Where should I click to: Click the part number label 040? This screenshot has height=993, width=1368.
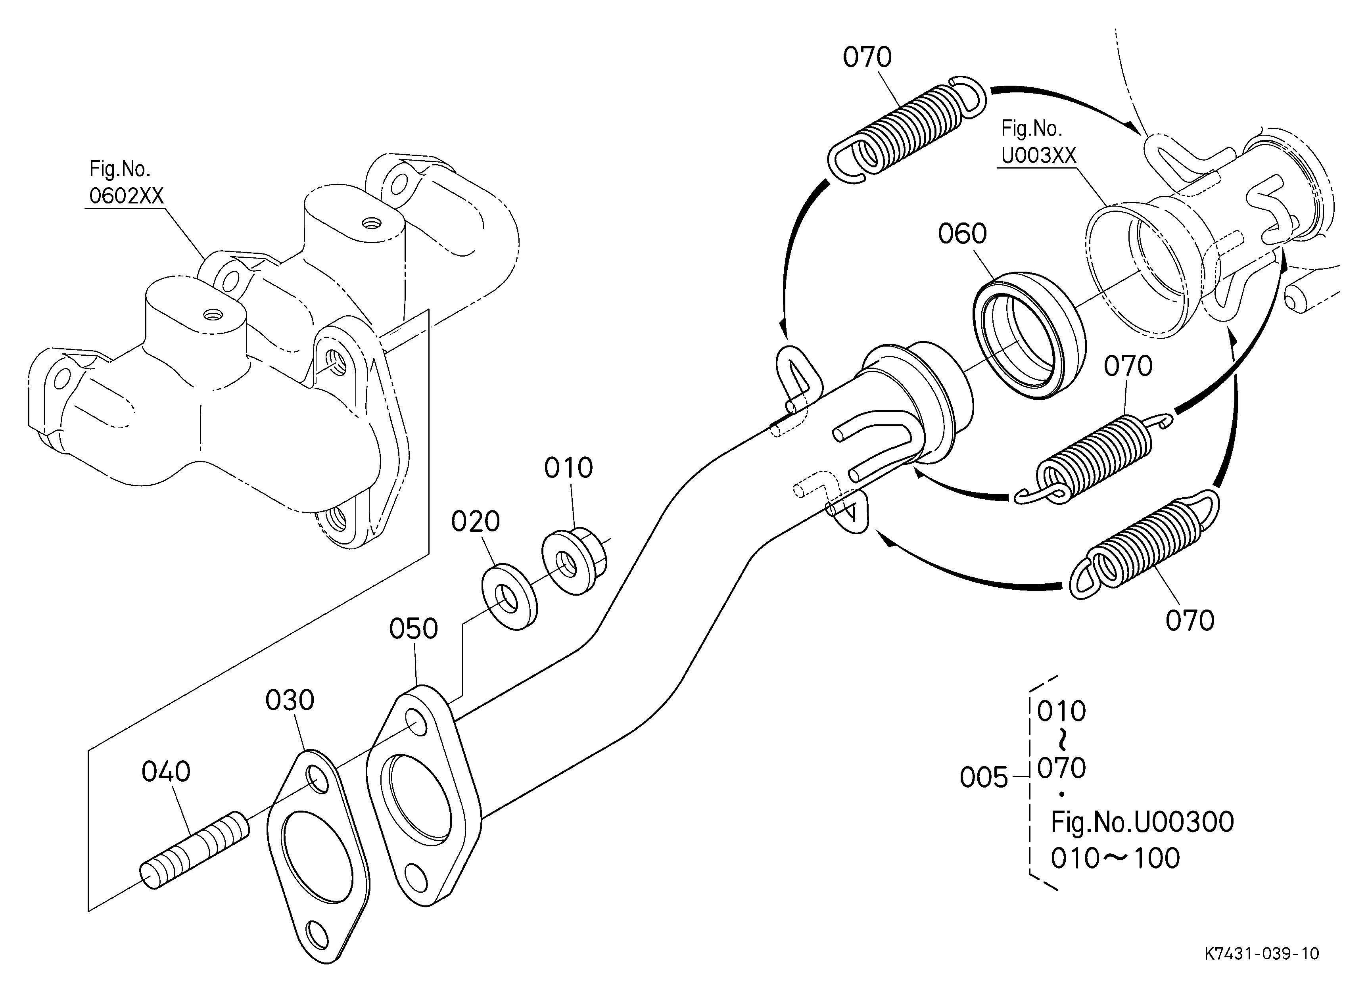click(x=166, y=772)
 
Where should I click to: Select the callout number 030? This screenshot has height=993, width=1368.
click(x=290, y=701)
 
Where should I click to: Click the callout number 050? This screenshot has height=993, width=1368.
click(x=413, y=629)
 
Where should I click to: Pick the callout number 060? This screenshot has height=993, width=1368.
click(x=962, y=234)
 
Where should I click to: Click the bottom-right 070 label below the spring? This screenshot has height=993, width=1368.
click(x=1190, y=621)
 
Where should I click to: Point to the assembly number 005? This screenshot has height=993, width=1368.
click(x=984, y=778)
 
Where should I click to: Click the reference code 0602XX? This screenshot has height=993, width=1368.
click(x=127, y=196)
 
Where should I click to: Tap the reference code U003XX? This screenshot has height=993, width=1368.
click(x=1039, y=155)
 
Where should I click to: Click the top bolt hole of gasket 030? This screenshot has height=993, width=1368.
click(x=317, y=778)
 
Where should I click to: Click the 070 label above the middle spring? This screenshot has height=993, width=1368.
click(x=1128, y=366)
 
